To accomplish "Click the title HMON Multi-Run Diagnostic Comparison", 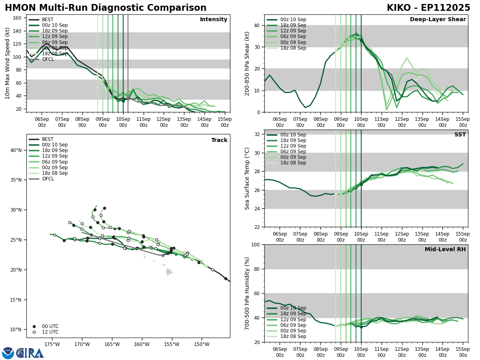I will tap(106, 8).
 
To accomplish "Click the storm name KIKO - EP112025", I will tap(428, 8).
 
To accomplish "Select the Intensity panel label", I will tap(214, 20).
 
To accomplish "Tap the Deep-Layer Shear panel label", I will tap(438, 20).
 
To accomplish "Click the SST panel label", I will tap(460, 135).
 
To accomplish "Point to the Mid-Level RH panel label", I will tap(445, 250).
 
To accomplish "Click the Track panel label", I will tap(219, 140).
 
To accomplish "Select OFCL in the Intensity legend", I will tap(48, 59).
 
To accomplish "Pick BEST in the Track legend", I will tap(48, 139).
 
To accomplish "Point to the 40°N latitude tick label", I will tap(16, 150).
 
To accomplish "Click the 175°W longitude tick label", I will tap(52, 344).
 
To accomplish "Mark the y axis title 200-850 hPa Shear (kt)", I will tap(248, 63).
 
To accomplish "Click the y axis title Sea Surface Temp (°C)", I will tap(248, 178).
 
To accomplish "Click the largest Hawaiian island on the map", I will tap(169, 272).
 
